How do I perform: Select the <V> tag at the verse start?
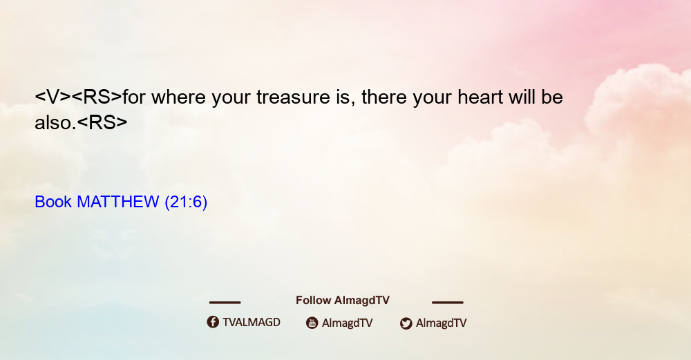[x=53, y=97]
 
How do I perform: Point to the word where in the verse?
[x=178, y=97]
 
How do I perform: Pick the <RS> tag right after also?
[x=102, y=122]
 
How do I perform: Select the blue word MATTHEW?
[x=117, y=202]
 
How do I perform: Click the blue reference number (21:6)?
[x=186, y=202]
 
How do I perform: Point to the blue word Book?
[x=53, y=202]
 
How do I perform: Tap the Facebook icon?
[x=213, y=322]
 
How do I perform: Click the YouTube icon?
[x=312, y=323]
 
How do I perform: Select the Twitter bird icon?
[x=406, y=323]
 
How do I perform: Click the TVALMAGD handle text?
[x=252, y=322]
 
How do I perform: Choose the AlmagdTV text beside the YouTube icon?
[x=348, y=323]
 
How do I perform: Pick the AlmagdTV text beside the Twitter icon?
[x=441, y=323]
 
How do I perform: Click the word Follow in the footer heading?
[x=313, y=300]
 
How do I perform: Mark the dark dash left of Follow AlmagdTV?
[x=225, y=302]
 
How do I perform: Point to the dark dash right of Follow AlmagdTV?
[x=448, y=302]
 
